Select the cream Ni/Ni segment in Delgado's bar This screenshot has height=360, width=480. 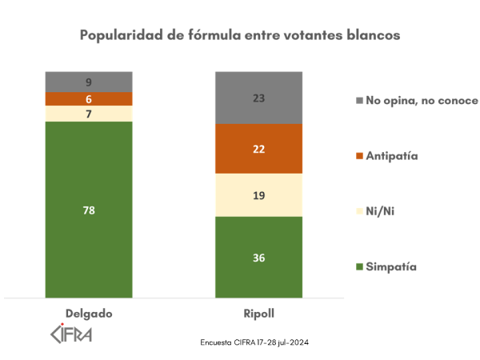[88, 114]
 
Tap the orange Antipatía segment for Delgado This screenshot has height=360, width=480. [88, 98]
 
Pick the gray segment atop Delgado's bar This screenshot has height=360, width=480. [88, 81]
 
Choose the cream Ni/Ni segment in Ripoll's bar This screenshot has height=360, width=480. [259, 194]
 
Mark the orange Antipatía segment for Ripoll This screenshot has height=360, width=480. [259, 149]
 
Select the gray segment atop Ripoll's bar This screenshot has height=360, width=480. [259, 97]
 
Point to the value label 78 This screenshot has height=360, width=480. [88, 210]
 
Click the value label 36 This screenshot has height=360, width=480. [259, 258]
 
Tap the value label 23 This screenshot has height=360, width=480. [259, 97]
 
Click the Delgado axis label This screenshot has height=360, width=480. [88, 313]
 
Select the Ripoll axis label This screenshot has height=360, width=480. [259, 313]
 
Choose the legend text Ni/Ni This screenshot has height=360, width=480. [381, 210]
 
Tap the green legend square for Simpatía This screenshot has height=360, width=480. [359, 266]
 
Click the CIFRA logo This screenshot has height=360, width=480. [71, 332]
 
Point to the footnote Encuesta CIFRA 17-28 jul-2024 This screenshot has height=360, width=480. [254, 342]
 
